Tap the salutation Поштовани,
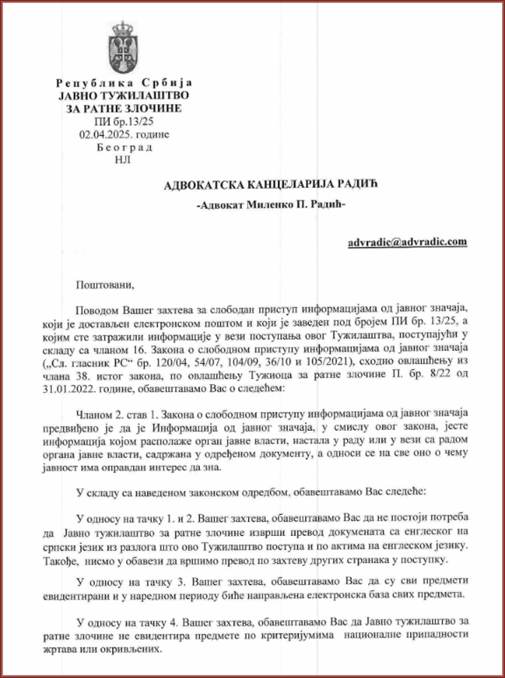[x=104, y=285]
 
